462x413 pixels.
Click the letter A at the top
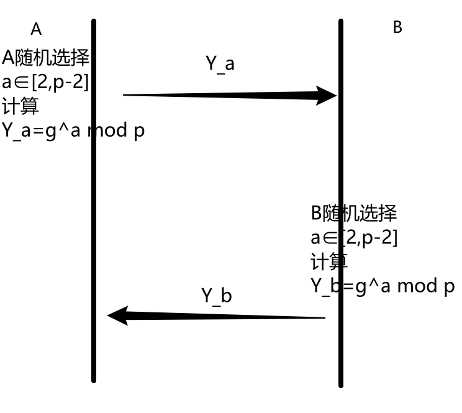36,29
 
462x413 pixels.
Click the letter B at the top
397,27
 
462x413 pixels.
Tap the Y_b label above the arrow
216,296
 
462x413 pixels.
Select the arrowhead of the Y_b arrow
118,315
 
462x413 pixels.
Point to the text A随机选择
45,58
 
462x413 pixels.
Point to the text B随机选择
353,214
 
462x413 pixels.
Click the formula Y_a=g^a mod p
73,131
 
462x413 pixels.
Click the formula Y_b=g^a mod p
382,286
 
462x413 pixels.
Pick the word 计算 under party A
20,106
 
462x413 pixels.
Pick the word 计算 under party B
328,261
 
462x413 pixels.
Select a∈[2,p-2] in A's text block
45,82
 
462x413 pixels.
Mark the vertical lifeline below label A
94,248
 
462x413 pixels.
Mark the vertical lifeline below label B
341,155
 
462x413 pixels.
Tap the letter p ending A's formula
139,132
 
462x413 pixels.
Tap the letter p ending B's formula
449,287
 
